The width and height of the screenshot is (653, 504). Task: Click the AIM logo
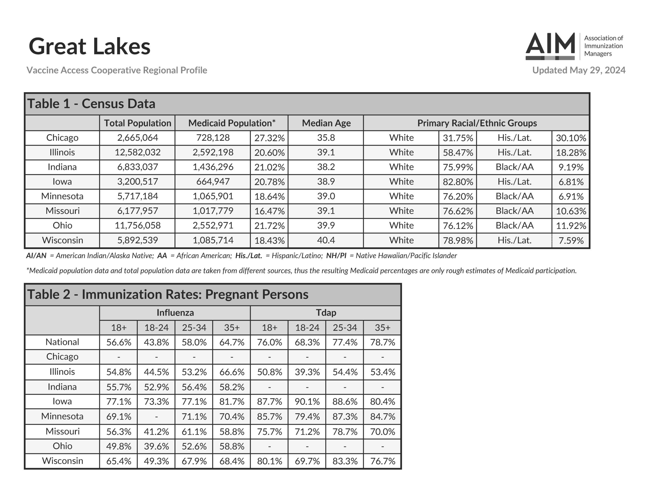tap(550, 46)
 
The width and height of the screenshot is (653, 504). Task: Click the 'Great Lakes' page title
tap(89, 46)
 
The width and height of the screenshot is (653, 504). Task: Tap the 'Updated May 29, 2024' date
tap(579, 70)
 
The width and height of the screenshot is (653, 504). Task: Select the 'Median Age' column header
tap(326, 123)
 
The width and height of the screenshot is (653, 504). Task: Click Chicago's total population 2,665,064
tap(137, 138)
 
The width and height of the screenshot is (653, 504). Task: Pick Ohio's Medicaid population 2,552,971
tap(213, 226)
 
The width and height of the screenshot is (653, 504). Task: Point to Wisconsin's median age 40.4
tap(326, 240)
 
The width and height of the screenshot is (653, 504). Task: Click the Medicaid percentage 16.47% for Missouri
tap(269, 211)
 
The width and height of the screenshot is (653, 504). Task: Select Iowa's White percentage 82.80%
tap(458, 182)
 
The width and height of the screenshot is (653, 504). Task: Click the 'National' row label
tap(62, 342)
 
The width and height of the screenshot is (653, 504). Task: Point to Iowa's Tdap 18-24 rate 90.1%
tap(307, 401)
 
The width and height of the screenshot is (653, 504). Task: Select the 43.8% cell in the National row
tap(156, 342)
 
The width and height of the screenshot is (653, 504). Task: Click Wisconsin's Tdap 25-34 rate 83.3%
tap(345, 461)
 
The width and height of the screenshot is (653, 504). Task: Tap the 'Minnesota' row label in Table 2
tap(62, 416)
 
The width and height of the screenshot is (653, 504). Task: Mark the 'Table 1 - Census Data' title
tap(92, 104)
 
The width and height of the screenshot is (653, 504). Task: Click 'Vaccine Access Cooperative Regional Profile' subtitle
tap(117, 70)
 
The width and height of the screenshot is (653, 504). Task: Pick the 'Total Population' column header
tap(137, 123)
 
